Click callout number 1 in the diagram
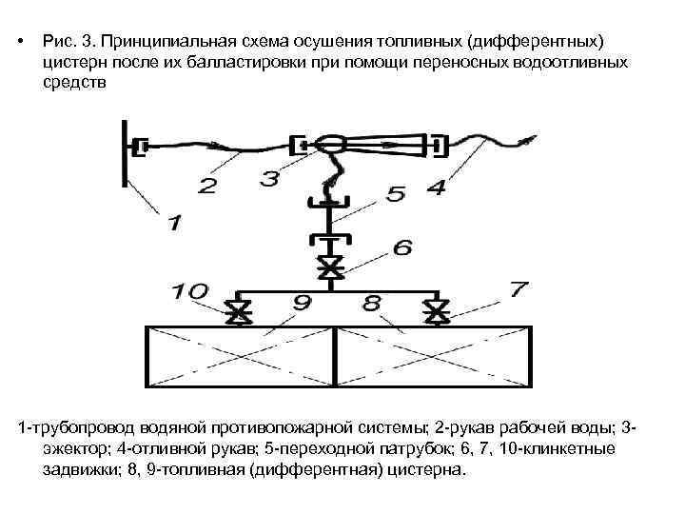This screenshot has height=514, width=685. click(x=174, y=223)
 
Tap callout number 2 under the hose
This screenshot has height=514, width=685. click(x=206, y=186)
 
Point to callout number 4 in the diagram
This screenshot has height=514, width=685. click(x=435, y=188)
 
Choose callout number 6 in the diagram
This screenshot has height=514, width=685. click(x=401, y=247)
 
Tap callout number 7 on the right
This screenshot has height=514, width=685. click(x=518, y=287)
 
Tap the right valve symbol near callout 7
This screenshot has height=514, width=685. click(x=437, y=311)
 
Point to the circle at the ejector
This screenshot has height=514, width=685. click(x=331, y=146)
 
